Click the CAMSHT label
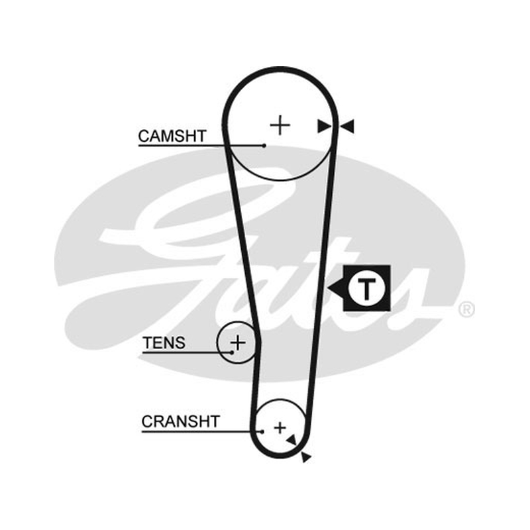pos(172,136)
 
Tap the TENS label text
pos(164,343)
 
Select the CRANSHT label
pos(181,421)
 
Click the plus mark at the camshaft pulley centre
pos(280,125)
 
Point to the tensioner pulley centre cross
pos(238,343)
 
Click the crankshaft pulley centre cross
pos(280,428)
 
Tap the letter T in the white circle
pos(366,289)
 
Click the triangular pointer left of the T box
pos(335,288)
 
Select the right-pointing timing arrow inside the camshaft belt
pos(324,127)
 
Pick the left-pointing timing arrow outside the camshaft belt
pos(347,126)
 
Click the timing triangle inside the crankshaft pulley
pos(291,440)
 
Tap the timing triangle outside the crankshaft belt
pos(305,457)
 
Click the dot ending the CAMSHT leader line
pos(264,146)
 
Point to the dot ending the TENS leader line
pos(232,352)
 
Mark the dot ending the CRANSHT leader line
pos(262,432)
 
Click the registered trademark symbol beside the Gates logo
pos(467,309)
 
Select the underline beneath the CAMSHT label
pos(201,146)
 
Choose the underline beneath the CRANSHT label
pos(202,432)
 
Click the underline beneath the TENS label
pos(187,352)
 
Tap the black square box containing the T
pos(367,288)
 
